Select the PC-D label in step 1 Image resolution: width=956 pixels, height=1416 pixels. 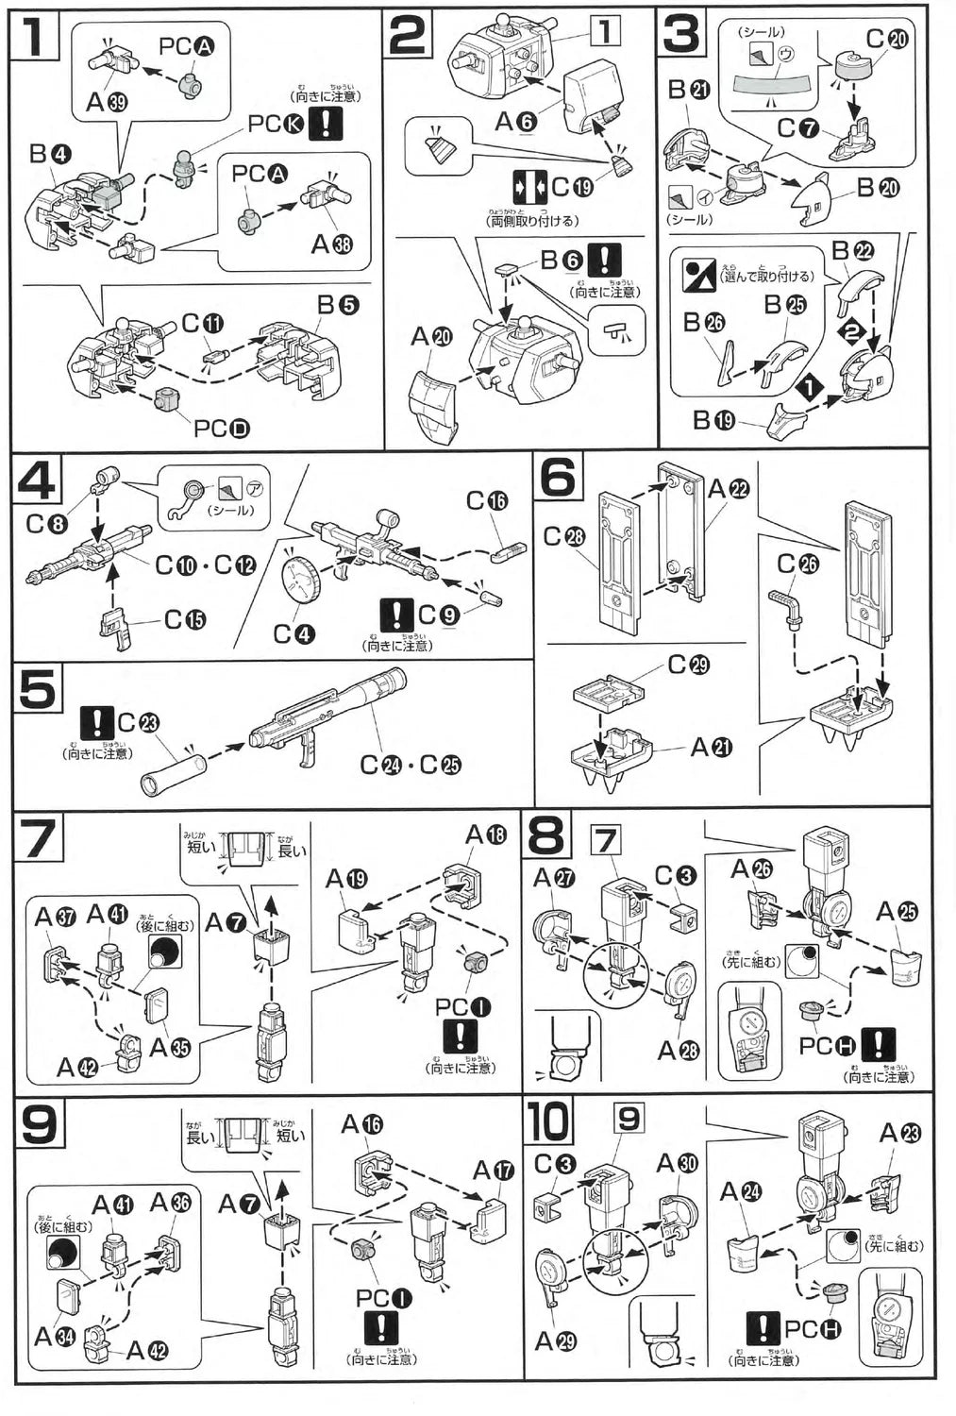pyautogui.click(x=222, y=430)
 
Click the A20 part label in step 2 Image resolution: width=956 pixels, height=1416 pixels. pyautogui.click(x=431, y=337)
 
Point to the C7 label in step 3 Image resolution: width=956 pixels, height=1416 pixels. pyautogui.click(x=798, y=128)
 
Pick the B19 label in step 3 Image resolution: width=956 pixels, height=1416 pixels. pyautogui.click(x=713, y=419)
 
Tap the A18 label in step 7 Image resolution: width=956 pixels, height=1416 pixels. pyautogui.click(x=486, y=835)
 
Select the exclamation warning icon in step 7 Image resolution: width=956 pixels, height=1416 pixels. pyautogui.click(x=460, y=1037)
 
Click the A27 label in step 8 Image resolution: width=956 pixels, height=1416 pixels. pyautogui.click(x=554, y=878)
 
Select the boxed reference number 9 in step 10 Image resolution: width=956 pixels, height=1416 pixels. pyautogui.click(x=628, y=1120)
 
